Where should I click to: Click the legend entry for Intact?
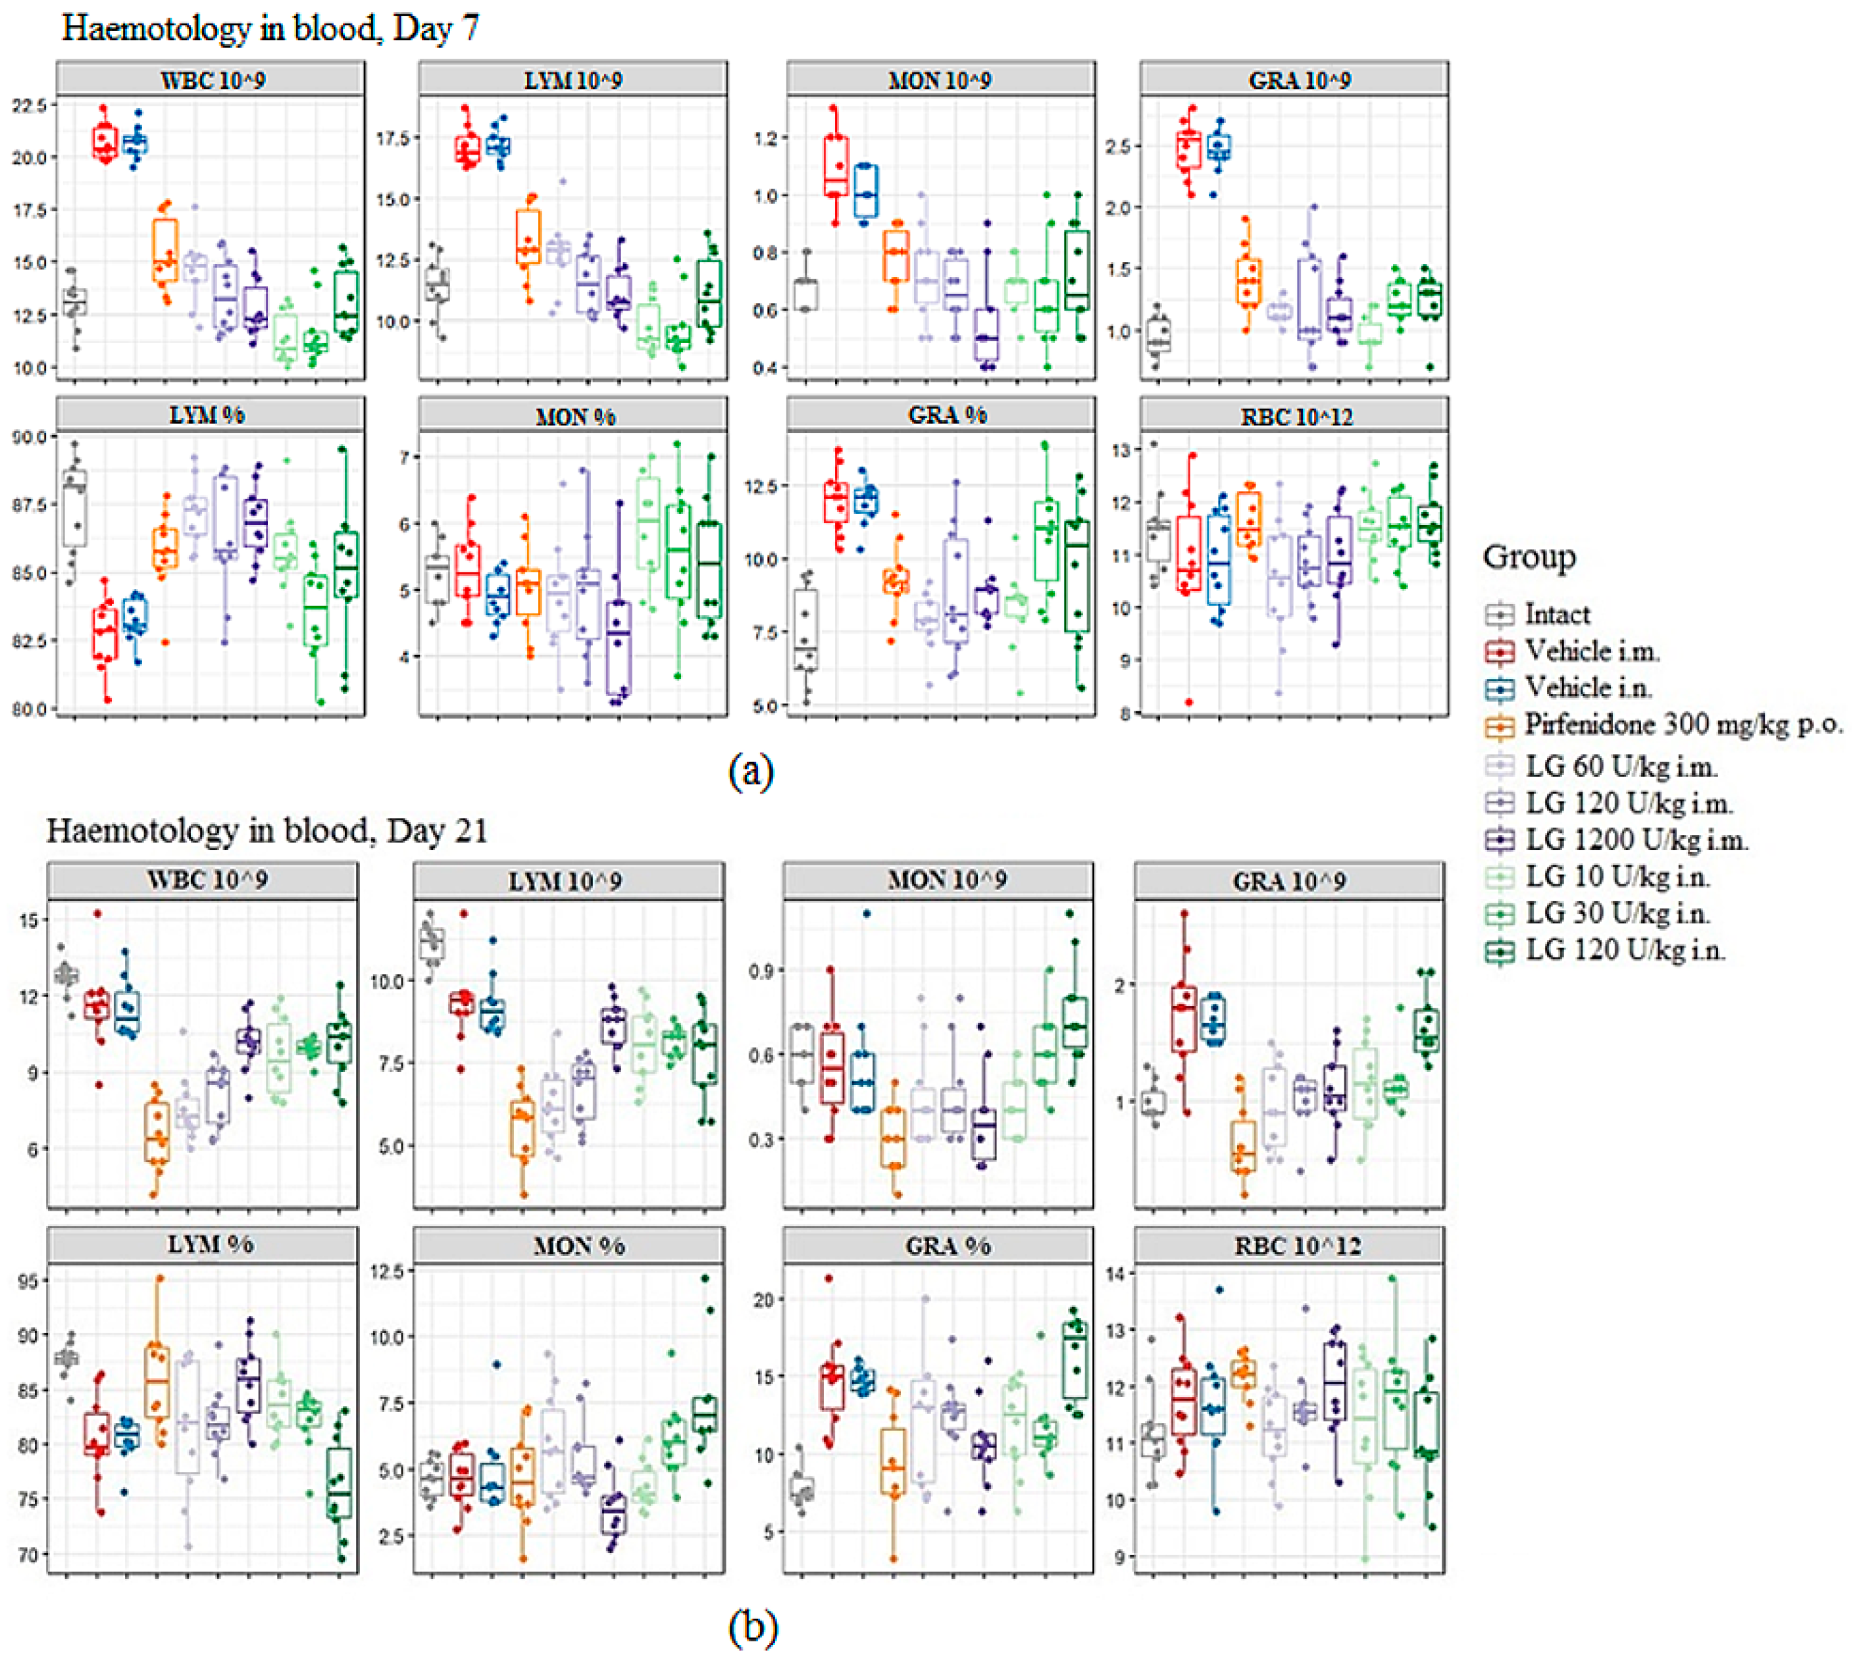1556,614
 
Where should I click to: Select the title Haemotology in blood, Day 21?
266,830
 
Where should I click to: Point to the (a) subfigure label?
751,771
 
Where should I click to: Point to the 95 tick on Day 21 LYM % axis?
30,1280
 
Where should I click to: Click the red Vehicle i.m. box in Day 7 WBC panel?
105,141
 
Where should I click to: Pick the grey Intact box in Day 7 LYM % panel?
75,509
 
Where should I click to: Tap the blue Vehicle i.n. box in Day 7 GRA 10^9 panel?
1219,147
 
